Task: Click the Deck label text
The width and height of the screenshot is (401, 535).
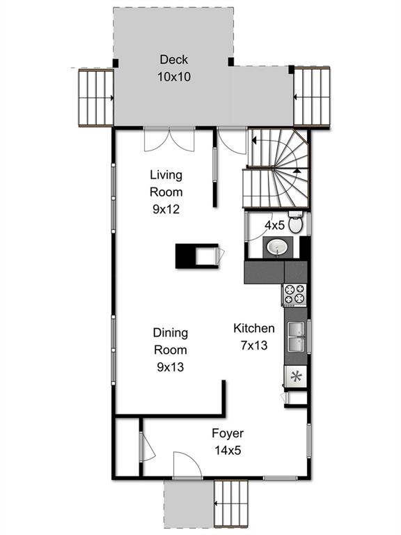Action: point(173,60)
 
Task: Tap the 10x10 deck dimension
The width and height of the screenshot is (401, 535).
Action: point(174,77)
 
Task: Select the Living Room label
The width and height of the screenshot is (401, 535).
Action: point(166,184)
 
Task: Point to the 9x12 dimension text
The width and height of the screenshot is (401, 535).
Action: point(166,209)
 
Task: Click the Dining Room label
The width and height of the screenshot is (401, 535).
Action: point(170,341)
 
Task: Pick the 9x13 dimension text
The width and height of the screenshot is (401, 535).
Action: point(170,367)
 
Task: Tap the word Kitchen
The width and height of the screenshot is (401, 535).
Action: point(254,328)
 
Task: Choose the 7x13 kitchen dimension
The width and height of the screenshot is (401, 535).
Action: point(254,346)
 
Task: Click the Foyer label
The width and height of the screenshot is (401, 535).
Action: point(228,434)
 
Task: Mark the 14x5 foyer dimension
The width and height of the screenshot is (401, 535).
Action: point(228,451)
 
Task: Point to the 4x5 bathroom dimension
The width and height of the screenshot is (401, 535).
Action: point(274,225)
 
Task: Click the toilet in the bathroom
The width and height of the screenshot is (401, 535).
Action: point(295,222)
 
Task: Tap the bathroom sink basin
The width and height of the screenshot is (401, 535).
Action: point(277,247)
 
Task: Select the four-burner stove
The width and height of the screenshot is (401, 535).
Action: point(294,294)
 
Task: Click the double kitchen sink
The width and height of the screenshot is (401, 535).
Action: point(296,337)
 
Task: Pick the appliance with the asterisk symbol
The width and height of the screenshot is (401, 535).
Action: point(295,377)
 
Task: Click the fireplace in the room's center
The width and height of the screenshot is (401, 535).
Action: point(197,256)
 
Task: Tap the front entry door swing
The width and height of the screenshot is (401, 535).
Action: point(187,465)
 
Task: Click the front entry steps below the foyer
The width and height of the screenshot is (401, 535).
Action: point(231,503)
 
